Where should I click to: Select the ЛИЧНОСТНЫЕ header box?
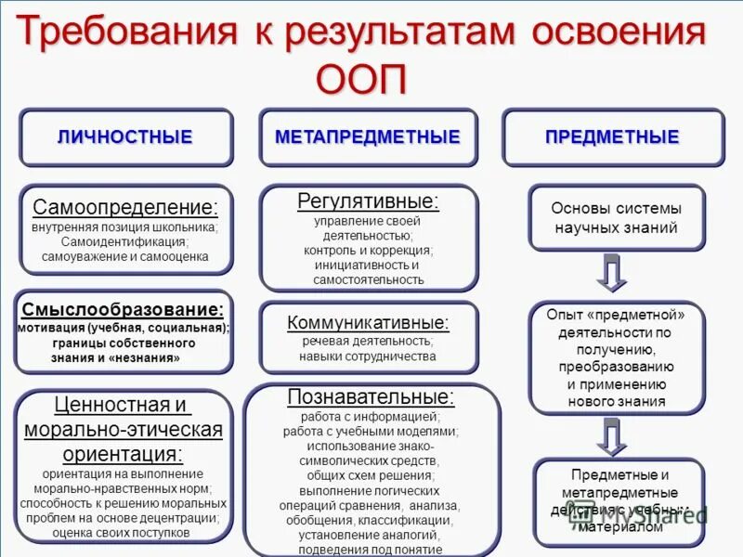125,137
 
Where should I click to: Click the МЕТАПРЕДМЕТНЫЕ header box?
368,137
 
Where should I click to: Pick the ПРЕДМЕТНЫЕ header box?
612,137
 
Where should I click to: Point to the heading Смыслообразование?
123,309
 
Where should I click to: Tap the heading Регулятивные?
368,201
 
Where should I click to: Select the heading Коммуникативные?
368,323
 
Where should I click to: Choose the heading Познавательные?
371,397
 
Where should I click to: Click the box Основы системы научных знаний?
616,218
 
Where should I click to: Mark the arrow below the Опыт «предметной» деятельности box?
612,436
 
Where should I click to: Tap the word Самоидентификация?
125,241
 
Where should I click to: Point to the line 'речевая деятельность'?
368,342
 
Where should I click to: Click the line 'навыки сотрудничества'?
368,356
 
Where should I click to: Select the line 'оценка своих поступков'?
122,533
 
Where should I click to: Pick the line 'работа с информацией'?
371,417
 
